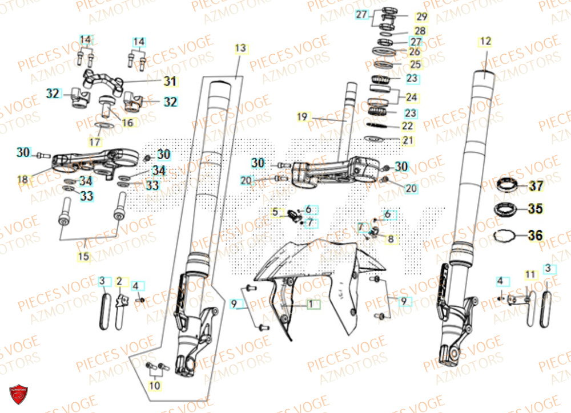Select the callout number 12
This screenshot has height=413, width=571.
pos(485,41)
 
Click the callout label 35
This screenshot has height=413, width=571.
pos(535,209)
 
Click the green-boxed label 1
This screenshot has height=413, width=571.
pos(311,305)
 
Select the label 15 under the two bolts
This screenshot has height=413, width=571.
pos(84,257)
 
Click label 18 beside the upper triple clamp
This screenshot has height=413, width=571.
pos(23,180)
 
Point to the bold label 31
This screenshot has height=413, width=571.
pos(169,82)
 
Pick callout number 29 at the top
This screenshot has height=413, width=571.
pos(421,16)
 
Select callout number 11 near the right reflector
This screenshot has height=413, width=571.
pos(530,274)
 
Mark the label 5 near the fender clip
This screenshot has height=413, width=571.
pos(276,212)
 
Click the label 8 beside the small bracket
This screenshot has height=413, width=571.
pos(390,239)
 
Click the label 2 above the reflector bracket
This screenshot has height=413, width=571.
pos(119,281)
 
